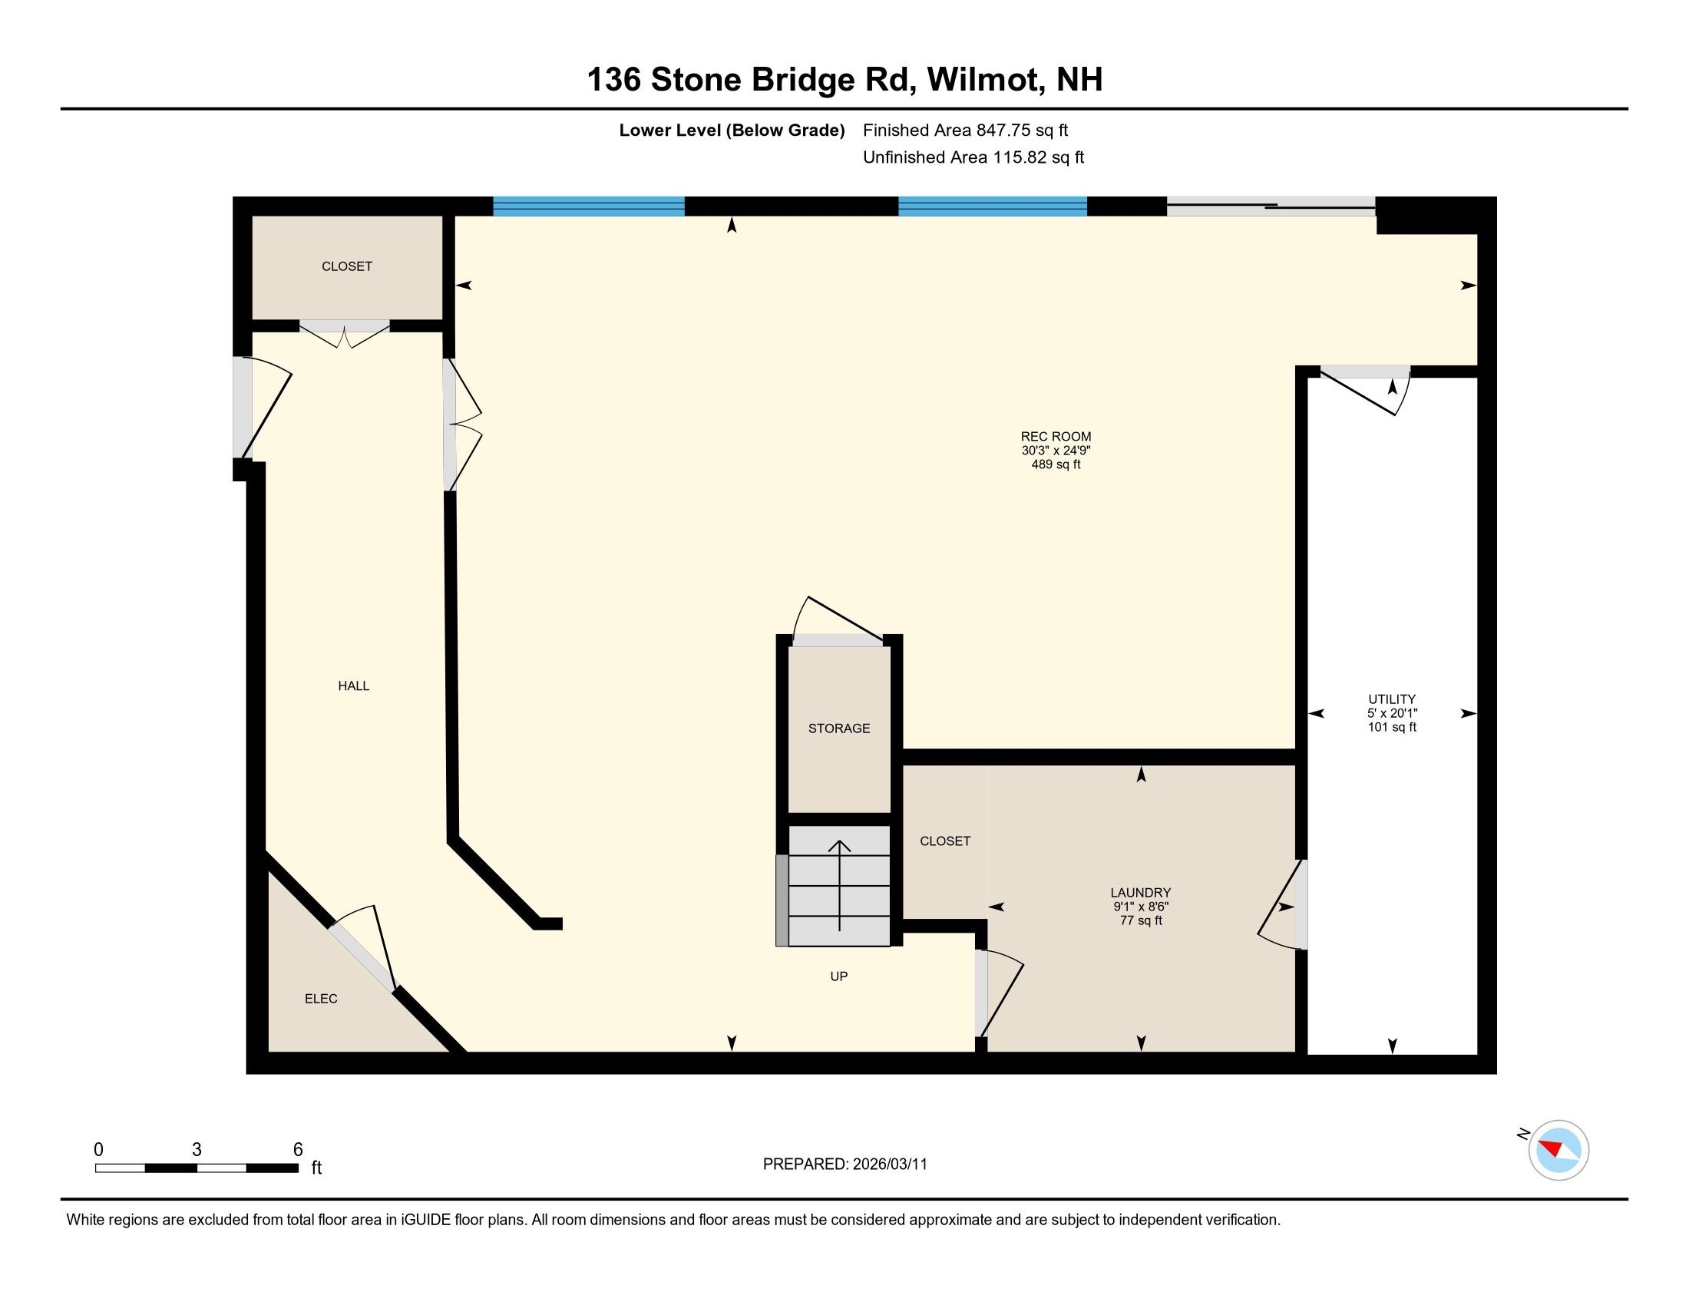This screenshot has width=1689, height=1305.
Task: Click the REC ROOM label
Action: point(1056,436)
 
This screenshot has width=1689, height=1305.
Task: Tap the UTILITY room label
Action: point(1391,699)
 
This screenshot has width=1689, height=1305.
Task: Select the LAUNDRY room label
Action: point(1141,892)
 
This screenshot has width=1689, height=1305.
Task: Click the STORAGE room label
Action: point(839,728)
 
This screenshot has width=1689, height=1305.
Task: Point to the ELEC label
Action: point(321,999)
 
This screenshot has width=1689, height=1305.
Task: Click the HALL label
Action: point(353,686)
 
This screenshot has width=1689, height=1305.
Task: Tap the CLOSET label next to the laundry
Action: point(944,841)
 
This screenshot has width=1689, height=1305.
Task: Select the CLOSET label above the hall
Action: point(346,266)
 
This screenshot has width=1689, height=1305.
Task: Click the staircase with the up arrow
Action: point(839,886)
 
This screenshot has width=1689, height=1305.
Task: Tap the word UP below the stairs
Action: point(839,976)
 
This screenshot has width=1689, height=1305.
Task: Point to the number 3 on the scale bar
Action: point(197,1150)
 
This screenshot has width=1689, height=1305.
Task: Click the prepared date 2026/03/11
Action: point(889,1165)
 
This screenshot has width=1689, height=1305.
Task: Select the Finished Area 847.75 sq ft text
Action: point(965,130)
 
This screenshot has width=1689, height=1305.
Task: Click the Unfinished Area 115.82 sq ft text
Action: point(973,157)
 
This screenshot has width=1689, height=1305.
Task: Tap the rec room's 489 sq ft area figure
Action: point(1056,464)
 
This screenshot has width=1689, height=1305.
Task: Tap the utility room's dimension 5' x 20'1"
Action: point(1391,714)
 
